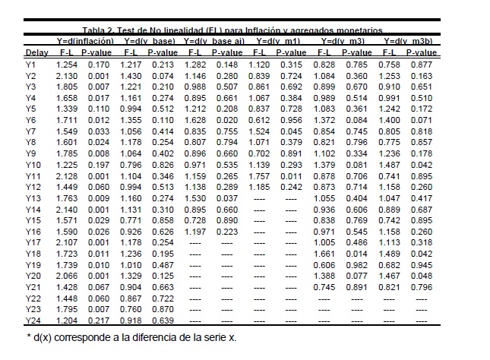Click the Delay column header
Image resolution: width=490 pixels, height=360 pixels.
36,53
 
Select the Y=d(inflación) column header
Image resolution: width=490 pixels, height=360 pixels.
85,40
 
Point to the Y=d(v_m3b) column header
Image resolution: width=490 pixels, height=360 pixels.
410,40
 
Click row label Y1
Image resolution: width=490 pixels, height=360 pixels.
30,65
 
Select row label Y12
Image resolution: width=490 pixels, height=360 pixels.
33,187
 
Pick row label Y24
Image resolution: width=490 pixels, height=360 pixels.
33,321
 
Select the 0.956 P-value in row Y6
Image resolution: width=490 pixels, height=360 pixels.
291,120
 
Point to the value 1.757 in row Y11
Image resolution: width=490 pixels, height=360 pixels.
260,176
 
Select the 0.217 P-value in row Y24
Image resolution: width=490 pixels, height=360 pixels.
98,321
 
